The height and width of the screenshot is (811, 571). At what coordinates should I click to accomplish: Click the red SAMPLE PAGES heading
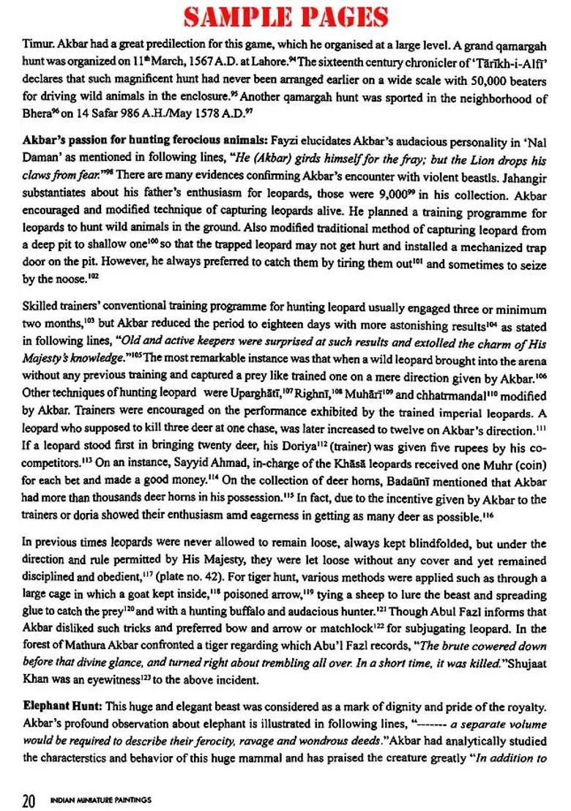[x=285, y=17]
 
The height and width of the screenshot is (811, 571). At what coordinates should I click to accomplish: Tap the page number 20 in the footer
[x=29, y=799]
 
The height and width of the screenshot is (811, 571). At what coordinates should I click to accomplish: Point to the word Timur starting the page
[x=37, y=46]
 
